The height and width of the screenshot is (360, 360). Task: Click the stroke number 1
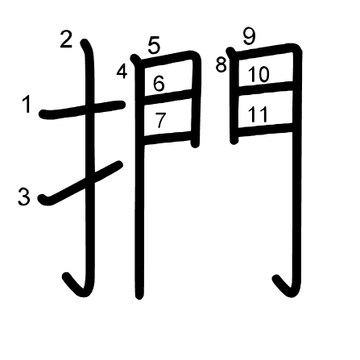click(27, 105)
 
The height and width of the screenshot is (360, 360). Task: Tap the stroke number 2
click(66, 39)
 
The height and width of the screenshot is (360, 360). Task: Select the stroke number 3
click(24, 197)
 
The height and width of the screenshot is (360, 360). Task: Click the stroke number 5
click(154, 46)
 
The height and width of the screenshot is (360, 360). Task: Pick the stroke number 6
click(159, 83)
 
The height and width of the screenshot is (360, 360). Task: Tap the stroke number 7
click(160, 120)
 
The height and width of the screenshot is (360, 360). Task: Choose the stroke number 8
click(221, 64)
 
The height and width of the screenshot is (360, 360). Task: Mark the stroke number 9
click(249, 36)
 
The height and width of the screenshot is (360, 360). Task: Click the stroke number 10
click(259, 74)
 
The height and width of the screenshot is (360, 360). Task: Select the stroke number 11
click(257, 114)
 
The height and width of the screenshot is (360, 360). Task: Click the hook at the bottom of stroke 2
click(77, 286)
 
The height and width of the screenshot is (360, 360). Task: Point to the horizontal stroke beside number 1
click(82, 110)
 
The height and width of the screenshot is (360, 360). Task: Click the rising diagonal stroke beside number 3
click(81, 184)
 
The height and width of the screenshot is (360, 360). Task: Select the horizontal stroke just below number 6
click(168, 96)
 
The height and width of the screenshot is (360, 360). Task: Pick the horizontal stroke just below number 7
click(168, 138)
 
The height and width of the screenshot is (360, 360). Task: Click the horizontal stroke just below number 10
click(266, 88)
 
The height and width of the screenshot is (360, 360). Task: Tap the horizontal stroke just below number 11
click(266, 130)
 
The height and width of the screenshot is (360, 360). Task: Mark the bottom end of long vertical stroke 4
click(139, 296)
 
